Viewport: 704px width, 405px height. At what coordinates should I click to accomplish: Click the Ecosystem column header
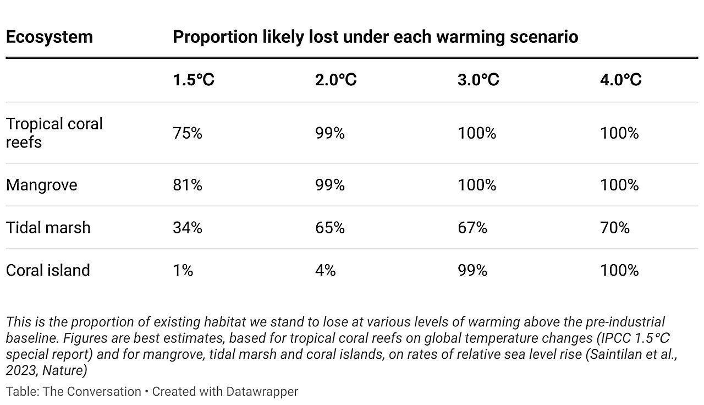coord(49,37)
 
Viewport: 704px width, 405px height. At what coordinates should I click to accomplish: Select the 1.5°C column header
coord(193,80)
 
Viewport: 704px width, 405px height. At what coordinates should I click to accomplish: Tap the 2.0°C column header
coord(335,80)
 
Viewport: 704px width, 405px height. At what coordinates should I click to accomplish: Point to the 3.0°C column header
coord(478,80)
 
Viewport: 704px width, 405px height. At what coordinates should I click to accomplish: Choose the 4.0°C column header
coord(620,80)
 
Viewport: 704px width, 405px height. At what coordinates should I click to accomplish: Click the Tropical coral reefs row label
coord(54,133)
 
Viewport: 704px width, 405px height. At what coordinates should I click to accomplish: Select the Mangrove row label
coord(41,185)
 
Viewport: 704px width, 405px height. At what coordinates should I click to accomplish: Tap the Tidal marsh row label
coord(48,228)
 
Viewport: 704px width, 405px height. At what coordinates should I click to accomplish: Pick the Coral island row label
coord(47,270)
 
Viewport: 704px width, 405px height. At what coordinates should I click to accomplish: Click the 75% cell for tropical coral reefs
coord(187,133)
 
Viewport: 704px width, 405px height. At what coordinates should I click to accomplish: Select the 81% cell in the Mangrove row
coord(187,185)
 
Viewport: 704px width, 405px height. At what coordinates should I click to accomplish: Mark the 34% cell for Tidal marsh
coord(187,228)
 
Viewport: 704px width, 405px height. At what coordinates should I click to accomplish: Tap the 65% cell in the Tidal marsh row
coord(329,228)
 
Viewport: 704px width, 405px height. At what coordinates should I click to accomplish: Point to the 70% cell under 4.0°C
coord(614,228)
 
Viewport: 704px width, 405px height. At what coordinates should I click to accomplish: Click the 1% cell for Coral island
coord(183,270)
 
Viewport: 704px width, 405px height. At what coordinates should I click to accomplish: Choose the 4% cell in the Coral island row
coord(325,270)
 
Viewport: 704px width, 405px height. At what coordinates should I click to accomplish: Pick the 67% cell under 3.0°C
coord(472,228)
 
